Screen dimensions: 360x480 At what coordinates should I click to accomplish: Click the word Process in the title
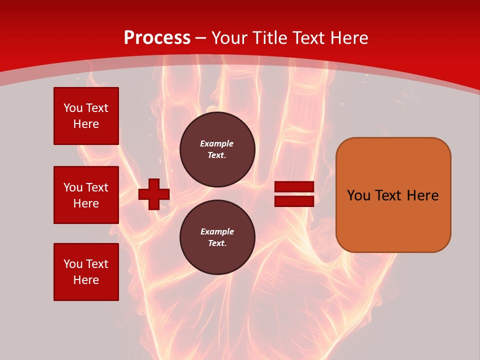[157, 38]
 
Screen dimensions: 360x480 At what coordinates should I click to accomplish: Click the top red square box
[86, 116]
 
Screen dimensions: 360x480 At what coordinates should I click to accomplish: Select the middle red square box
[86, 195]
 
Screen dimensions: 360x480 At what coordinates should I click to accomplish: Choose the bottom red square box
[86, 272]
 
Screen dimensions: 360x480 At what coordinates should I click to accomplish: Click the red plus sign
[154, 194]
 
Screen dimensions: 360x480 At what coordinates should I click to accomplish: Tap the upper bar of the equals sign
[294, 187]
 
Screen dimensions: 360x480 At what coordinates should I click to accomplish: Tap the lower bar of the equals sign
[294, 201]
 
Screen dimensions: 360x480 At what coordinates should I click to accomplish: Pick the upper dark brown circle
[217, 149]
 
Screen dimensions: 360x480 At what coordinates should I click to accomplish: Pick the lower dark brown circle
[217, 237]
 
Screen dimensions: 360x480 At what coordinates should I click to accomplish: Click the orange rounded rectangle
[393, 195]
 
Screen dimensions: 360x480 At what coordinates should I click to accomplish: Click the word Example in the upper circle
[217, 143]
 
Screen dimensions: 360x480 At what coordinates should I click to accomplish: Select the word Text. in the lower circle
[217, 243]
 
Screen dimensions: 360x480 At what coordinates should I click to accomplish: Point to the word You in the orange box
[358, 195]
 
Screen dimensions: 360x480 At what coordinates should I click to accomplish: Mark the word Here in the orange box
[422, 195]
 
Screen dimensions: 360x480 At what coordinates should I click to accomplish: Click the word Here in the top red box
[86, 124]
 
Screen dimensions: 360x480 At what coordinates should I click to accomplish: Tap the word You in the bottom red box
[73, 264]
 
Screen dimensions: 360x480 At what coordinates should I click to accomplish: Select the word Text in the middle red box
[97, 187]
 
